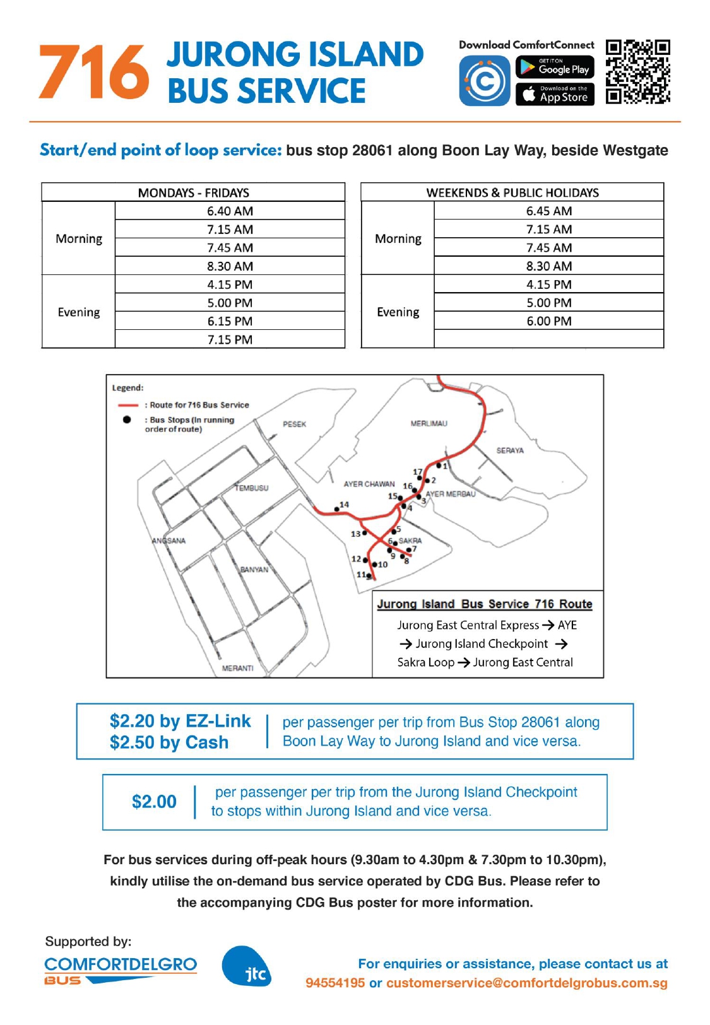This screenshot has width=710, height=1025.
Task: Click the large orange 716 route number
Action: pos(94,73)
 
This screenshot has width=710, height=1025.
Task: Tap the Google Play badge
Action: pos(555,67)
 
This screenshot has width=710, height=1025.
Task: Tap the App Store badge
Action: pos(555,95)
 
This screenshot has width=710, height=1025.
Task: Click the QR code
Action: pos(637,72)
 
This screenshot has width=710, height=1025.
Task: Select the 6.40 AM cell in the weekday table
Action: pos(230,211)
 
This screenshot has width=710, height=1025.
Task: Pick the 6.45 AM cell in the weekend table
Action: pos(549,211)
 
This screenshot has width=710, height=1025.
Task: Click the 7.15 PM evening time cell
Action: pos(230,340)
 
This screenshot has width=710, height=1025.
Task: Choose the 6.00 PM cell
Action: pos(549,321)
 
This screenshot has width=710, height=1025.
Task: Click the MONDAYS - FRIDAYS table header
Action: pos(193,192)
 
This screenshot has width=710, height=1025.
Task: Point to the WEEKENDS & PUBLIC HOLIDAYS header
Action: pos(512,192)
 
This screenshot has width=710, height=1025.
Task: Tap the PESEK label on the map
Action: pos(294,424)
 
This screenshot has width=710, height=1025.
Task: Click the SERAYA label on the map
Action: pos(510,450)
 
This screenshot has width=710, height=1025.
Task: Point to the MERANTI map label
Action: pos(237,668)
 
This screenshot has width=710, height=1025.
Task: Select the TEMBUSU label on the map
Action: pos(252,488)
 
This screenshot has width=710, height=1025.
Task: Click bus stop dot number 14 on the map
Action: pos(336,509)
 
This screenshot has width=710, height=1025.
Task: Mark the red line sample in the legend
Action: pos(128,405)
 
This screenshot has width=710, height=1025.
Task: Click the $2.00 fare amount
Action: pos(154,802)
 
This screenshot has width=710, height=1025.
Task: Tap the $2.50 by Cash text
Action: pos(169,742)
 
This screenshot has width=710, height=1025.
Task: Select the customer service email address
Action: pos(526,983)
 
